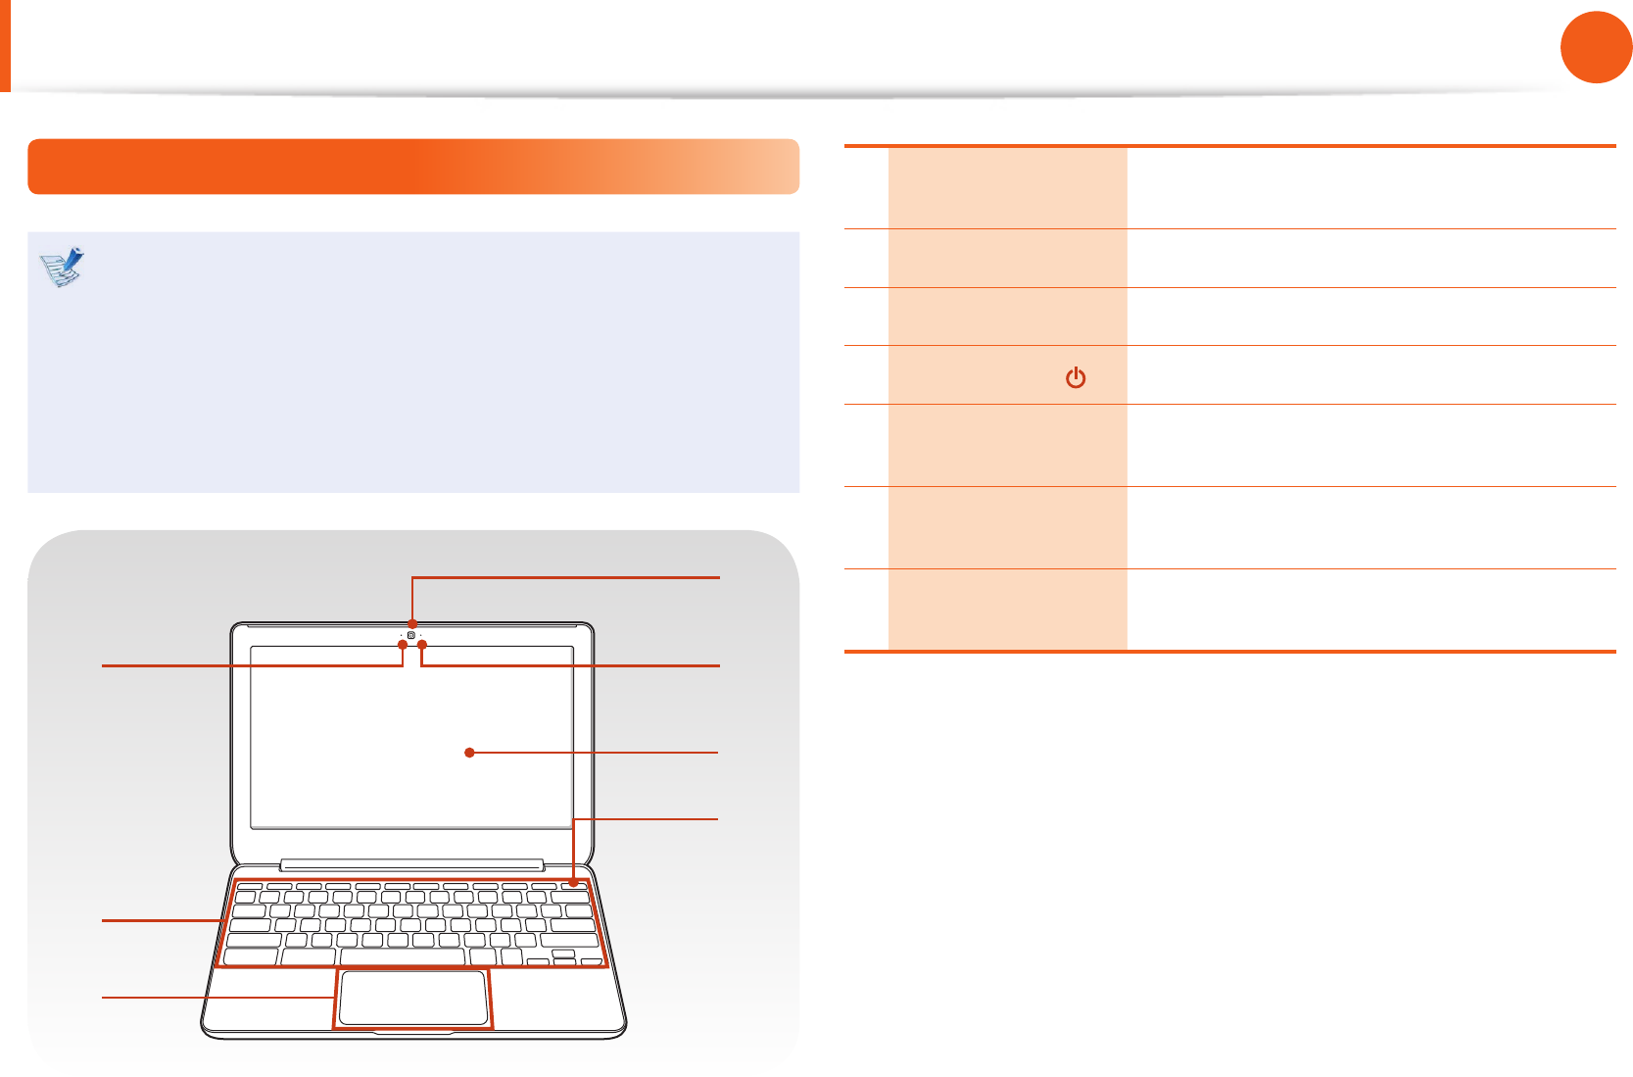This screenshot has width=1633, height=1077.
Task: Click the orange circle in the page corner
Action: (x=1596, y=47)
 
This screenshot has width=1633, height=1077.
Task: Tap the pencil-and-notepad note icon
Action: (x=63, y=267)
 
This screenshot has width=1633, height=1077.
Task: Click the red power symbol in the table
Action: (x=1076, y=377)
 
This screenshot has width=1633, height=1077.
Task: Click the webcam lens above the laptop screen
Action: (x=412, y=635)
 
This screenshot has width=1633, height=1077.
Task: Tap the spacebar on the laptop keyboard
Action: (x=402, y=956)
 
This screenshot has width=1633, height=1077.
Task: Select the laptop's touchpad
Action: (x=412, y=998)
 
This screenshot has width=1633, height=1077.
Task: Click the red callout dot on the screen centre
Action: (x=470, y=753)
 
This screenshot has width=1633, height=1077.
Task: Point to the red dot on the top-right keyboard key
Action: (x=574, y=883)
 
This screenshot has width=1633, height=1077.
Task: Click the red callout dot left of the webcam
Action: (x=403, y=644)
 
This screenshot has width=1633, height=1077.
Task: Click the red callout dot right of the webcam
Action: (x=422, y=644)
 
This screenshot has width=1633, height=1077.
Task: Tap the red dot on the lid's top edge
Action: (x=412, y=623)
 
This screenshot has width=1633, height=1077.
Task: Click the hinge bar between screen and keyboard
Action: (x=411, y=865)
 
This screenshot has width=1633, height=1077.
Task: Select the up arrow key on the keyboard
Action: (x=563, y=953)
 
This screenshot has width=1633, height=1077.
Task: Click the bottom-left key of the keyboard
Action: (x=251, y=956)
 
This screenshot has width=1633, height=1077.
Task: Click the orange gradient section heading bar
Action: (x=412, y=167)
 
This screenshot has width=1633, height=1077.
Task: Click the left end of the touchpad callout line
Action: (x=104, y=998)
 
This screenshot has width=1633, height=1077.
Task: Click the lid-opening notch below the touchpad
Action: (x=412, y=1032)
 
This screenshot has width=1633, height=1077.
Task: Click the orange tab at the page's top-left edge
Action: (x=5, y=45)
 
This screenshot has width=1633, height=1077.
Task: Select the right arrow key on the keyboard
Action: (x=591, y=962)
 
